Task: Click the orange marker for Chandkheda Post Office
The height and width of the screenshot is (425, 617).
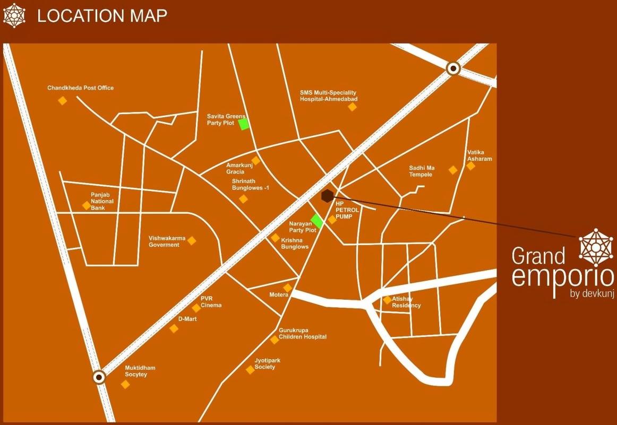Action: pyautogui.click(x=63, y=100)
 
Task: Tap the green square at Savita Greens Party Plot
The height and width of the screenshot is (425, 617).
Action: pyautogui.click(x=244, y=124)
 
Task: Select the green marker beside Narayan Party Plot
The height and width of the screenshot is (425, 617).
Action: pyautogui.click(x=317, y=221)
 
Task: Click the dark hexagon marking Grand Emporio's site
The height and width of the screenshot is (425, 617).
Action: pyautogui.click(x=327, y=196)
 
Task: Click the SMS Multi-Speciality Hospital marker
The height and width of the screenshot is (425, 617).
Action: pyautogui.click(x=352, y=107)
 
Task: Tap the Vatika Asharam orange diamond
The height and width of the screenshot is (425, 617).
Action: pyautogui.click(x=470, y=166)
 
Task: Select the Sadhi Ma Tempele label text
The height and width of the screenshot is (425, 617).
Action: pyautogui.click(x=422, y=171)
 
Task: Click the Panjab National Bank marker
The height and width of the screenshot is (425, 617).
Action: pyautogui.click(x=86, y=205)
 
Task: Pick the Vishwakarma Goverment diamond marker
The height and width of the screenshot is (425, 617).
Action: pyautogui.click(x=192, y=241)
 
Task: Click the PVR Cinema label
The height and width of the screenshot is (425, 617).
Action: pyautogui.click(x=211, y=302)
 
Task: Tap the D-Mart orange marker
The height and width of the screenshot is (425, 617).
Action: pyautogui.click(x=174, y=328)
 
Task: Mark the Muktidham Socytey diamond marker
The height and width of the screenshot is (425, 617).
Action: pyautogui.click(x=125, y=384)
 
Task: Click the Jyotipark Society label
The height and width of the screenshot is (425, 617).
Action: pyautogui.click(x=267, y=363)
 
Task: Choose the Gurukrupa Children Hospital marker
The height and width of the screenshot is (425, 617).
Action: pyautogui.click(x=275, y=340)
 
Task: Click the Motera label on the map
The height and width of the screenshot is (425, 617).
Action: pyautogui.click(x=278, y=294)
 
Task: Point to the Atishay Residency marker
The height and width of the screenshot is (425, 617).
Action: pyautogui.click(x=387, y=300)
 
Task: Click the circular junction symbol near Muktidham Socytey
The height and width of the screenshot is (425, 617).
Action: pyautogui.click(x=99, y=377)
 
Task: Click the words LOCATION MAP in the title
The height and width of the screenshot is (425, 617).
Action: pyautogui.click(x=102, y=15)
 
